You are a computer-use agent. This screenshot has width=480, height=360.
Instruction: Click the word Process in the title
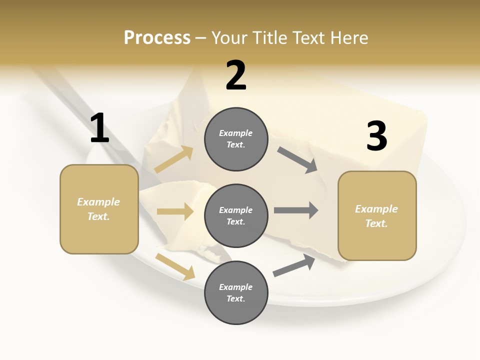coord(157,38)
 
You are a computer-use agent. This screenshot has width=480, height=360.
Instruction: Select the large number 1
coord(99,128)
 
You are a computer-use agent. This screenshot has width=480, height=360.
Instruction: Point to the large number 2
coord(236,75)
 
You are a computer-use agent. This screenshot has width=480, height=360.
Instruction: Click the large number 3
coord(376,136)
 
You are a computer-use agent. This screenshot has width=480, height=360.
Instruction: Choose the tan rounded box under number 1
coord(99,209)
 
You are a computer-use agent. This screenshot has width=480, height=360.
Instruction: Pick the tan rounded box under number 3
coord(377,215)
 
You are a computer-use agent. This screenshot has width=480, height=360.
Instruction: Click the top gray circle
coord(236,139)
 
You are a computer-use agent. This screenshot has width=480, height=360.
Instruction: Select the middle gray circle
coord(236,215)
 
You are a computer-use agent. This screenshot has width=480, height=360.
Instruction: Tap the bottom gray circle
coord(236,292)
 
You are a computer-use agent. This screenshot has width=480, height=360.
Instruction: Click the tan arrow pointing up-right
coord(174,159)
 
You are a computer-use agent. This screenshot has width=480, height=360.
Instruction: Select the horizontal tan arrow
coord(175,211)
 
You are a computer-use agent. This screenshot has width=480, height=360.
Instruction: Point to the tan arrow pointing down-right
coord(175,266)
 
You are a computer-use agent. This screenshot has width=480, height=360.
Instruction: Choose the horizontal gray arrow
coord(296,210)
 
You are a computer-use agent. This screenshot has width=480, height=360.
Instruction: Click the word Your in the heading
coord(230,38)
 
